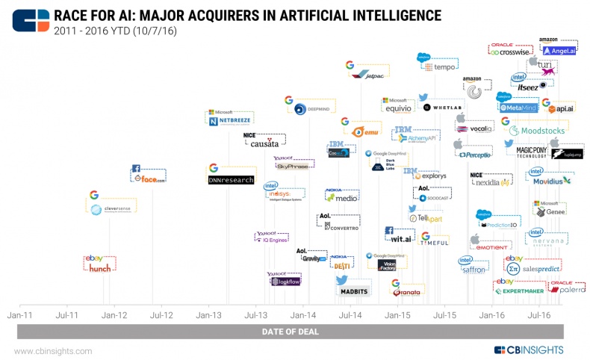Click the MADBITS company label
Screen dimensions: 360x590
tap(350, 292)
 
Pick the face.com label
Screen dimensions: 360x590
tap(149, 179)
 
